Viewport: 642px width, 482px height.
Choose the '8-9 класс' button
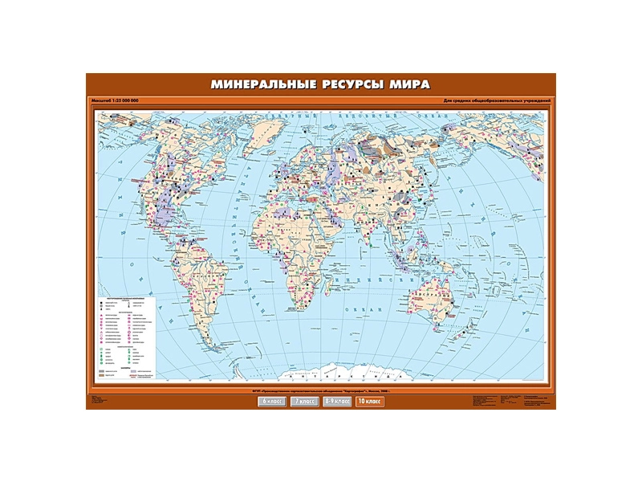(x=337, y=400)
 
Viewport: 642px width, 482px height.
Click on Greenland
(x=265, y=133)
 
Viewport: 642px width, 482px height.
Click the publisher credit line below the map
(x=321, y=391)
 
